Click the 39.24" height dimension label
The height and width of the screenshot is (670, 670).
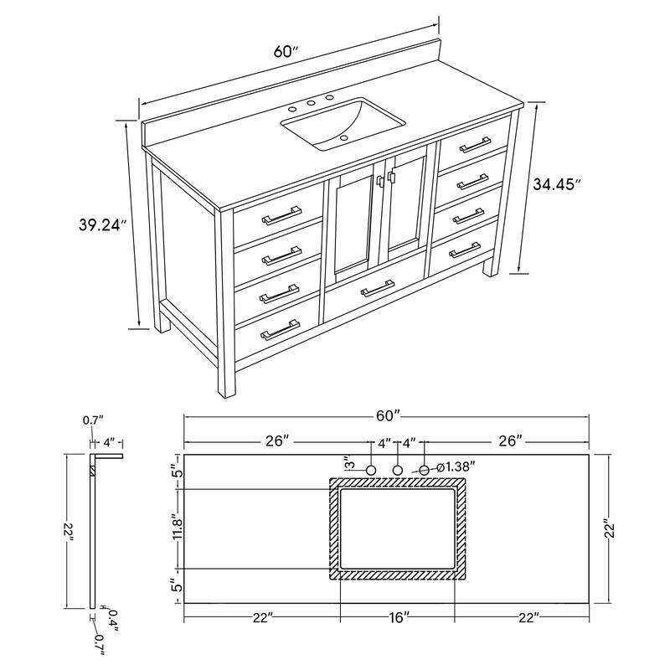[100, 224]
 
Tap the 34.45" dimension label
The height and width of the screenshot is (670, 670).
[557, 185]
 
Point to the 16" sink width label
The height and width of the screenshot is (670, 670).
[399, 618]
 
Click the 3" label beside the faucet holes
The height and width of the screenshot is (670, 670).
[348, 464]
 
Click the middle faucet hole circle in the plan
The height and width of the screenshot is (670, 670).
[399, 470]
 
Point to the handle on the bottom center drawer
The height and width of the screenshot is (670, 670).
[377, 289]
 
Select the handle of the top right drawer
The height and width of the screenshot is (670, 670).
[475, 143]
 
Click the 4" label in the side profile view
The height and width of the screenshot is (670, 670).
[109, 441]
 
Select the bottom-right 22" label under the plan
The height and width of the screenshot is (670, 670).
[526, 618]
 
